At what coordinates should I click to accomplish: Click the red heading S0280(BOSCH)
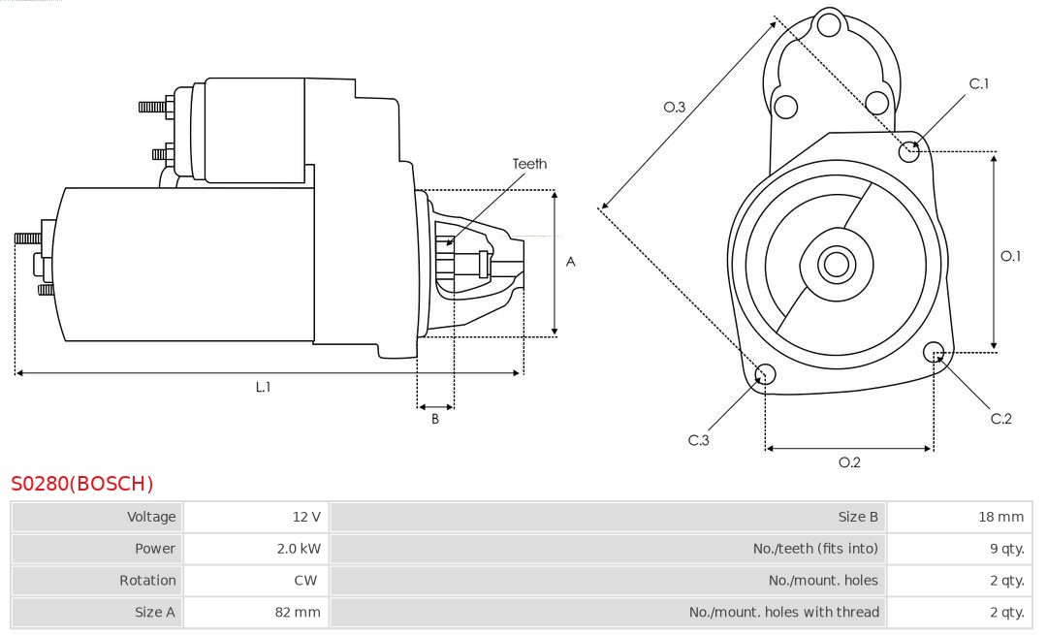click(x=81, y=483)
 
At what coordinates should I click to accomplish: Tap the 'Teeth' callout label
click(x=529, y=164)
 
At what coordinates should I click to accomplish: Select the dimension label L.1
click(x=263, y=387)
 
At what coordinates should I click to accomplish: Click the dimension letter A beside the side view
click(x=571, y=262)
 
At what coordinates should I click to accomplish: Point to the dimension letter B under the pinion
click(x=435, y=419)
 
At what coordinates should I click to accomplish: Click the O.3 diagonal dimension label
click(x=675, y=108)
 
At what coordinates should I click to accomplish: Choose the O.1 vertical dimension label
click(x=1010, y=256)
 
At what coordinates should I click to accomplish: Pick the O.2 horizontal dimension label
click(x=849, y=462)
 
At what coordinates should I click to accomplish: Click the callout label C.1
click(x=979, y=84)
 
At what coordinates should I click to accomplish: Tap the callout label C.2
click(x=1001, y=419)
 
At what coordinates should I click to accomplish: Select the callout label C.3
click(x=699, y=441)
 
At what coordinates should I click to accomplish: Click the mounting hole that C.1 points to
click(x=909, y=150)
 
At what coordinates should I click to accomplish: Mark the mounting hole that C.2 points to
click(x=935, y=352)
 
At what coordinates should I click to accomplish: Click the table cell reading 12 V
click(x=306, y=517)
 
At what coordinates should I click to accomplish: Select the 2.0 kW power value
click(x=299, y=549)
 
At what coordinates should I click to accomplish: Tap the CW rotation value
click(x=305, y=581)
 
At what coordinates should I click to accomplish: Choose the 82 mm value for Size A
click(x=298, y=612)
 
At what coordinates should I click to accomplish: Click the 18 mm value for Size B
click(x=1000, y=517)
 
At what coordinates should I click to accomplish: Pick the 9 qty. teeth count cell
click(x=1005, y=549)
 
